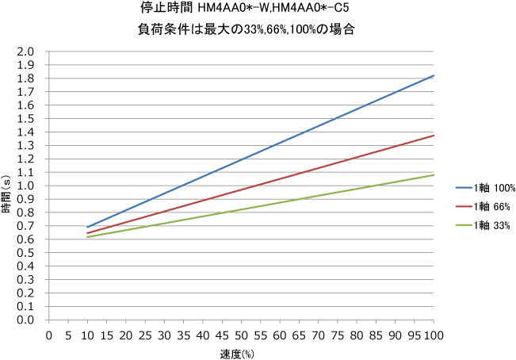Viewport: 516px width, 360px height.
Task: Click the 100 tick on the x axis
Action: click(x=434, y=335)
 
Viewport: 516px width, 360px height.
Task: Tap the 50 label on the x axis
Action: click(x=241, y=335)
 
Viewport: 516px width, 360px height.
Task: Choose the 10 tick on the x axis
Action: click(x=87, y=335)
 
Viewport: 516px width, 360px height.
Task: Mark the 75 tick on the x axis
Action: click(x=338, y=335)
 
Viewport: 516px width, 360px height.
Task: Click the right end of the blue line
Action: click(x=434, y=75)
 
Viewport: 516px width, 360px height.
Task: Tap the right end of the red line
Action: click(x=434, y=136)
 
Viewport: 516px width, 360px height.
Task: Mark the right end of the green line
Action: click(x=434, y=175)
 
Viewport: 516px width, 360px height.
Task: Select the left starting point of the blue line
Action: click(x=87, y=228)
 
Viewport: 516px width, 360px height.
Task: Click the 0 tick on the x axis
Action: click(x=49, y=335)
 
